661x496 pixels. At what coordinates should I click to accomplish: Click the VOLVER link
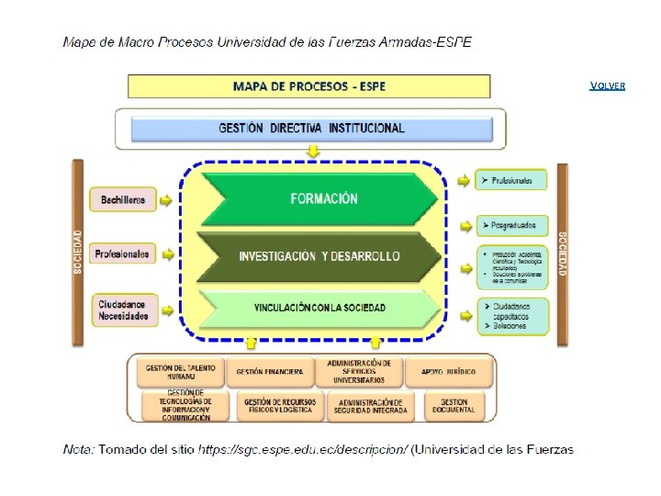[x=607, y=85]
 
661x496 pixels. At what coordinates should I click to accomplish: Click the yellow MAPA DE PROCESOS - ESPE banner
[x=308, y=86]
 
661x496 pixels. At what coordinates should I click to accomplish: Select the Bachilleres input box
[x=123, y=199]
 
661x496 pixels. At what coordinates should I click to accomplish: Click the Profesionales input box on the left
[x=123, y=254]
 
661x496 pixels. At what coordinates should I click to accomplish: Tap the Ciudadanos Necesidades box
[x=123, y=310]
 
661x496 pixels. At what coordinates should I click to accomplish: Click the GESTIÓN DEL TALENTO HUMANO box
[x=180, y=372]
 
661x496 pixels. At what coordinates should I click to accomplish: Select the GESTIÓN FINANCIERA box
[x=269, y=372]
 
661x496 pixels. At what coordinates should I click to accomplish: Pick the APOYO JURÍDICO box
[x=448, y=372]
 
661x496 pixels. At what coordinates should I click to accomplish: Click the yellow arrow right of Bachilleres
[x=166, y=199]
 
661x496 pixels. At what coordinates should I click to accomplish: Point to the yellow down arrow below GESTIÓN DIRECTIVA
[x=313, y=151]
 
